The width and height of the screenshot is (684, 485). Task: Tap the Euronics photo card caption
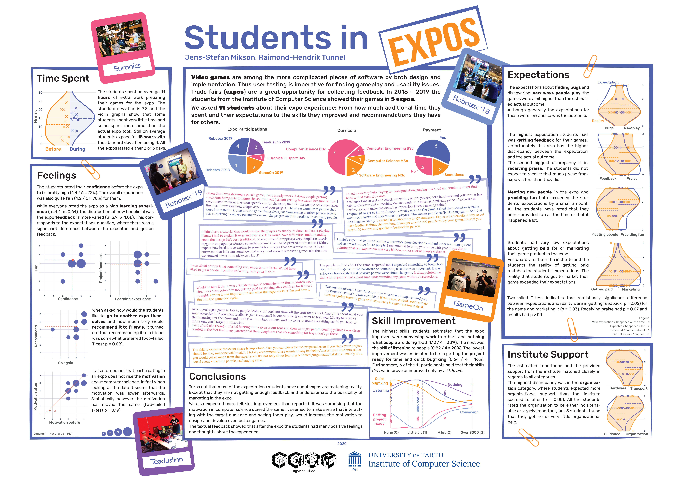tap(127, 67)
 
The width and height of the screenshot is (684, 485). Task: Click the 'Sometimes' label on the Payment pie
tap(454, 175)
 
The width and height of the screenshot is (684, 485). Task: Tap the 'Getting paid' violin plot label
tap(602, 289)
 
